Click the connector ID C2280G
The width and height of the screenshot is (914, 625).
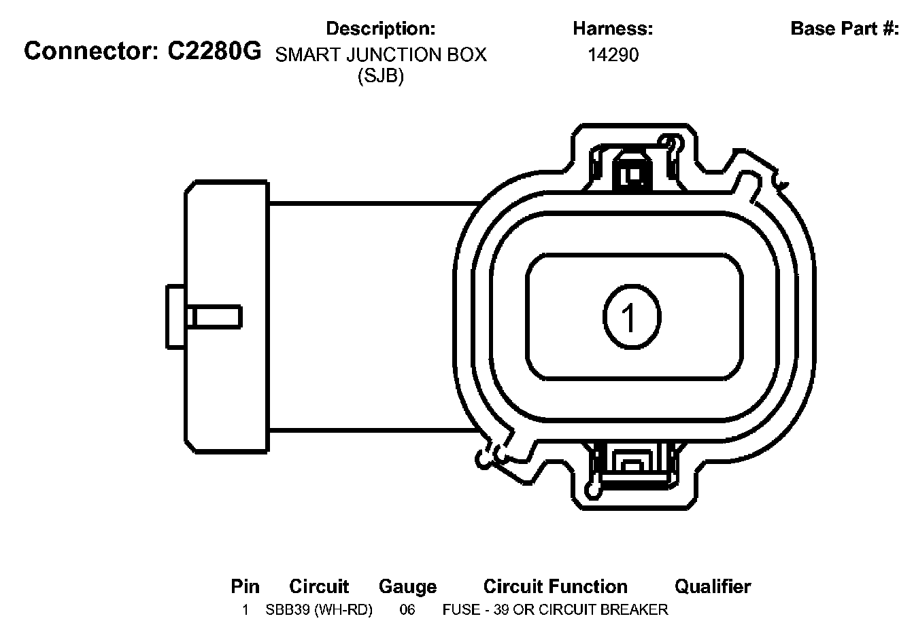214,52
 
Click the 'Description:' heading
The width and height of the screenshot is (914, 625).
381,29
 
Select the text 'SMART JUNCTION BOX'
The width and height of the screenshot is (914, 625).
381,54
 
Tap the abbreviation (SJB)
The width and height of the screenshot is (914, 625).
381,76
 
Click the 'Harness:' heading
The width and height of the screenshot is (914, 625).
613,29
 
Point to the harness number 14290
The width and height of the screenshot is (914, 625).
613,55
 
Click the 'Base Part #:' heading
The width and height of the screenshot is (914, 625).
845,29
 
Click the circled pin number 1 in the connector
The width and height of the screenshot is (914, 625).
632,317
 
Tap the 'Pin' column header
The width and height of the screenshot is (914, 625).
245,587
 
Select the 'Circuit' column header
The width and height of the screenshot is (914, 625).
319,587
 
